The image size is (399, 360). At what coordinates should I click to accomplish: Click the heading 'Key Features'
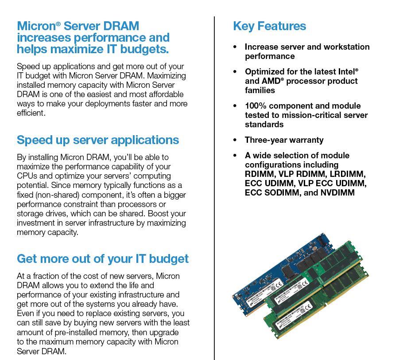(x=269, y=26)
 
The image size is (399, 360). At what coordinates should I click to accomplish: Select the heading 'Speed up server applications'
(x=98, y=140)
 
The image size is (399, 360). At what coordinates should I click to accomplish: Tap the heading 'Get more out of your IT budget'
(x=103, y=259)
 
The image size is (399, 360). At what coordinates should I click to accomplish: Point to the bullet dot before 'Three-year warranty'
(x=235, y=140)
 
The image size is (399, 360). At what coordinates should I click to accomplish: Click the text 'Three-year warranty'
(x=284, y=140)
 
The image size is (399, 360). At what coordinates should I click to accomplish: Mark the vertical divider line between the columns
(x=214, y=186)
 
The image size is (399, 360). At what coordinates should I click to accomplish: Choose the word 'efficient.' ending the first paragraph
(x=31, y=113)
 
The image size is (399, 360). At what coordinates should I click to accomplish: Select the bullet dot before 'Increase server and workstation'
(x=235, y=47)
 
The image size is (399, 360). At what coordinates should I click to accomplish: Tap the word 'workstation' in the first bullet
(x=346, y=47)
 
